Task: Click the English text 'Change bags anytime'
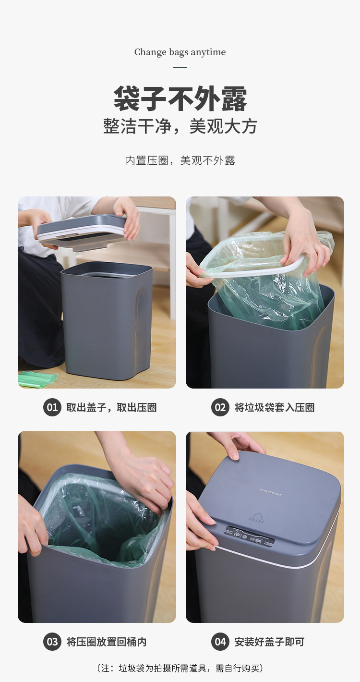point(180,52)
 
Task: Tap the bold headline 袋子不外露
point(180,98)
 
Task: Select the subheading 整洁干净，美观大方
point(180,126)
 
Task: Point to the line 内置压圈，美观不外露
point(180,161)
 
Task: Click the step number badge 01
point(52,408)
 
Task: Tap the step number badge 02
point(220,408)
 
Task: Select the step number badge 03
point(52,642)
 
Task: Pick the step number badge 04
point(220,642)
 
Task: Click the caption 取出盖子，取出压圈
point(111,408)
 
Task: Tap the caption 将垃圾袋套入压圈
point(274,408)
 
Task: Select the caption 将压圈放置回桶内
point(107,642)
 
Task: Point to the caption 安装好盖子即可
point(269,642)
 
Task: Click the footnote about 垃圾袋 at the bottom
point(180,668)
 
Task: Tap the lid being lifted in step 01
point(82,231)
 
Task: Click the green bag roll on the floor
point(36,379)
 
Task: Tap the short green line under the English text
point(180,68)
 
